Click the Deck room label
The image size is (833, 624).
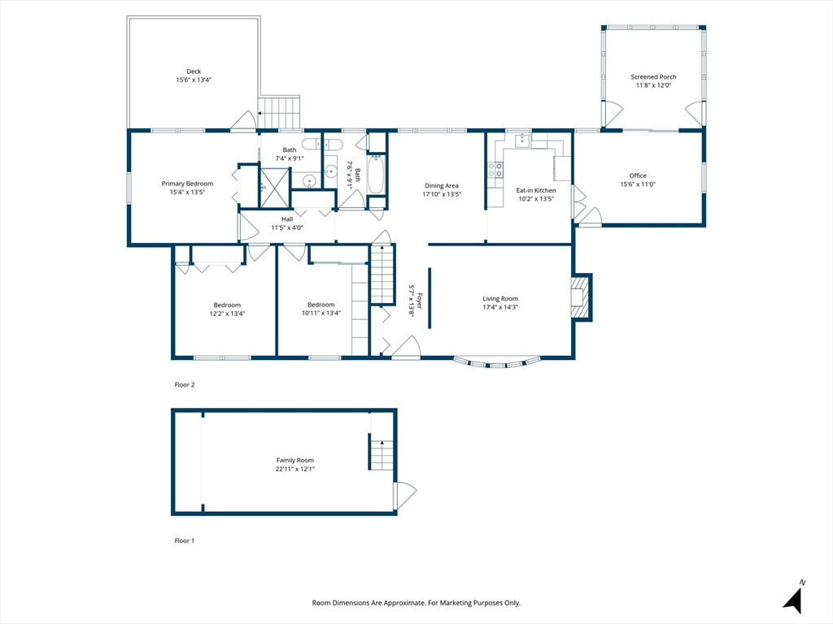pyautogui.click(x=194, y=71)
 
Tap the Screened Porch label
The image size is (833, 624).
pyautogui.click(x=653, y=77)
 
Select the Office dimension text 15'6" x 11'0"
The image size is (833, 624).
pyautogui.click(x=638, y=184)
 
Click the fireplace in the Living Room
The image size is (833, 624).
pyautogui.click(x=581, y=297)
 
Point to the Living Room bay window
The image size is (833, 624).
pyautogui.click(x=497, y=363)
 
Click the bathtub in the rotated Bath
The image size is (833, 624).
pyautogui.click(x=376, y=174)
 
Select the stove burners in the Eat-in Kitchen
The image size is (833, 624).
pyautogui.click(x=495, y=170)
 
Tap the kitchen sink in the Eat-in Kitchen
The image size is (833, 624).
pyautogui.click(x=522, y=140)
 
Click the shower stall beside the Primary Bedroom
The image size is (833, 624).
pyautogui.click(x=274, y=188)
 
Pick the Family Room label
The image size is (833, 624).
pyautogui.click(x=294, y=461)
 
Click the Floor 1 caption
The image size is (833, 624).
pyautogui.click(x=185, y=540)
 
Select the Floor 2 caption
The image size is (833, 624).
pyautogui.click(x=185, y=384)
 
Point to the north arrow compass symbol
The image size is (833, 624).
pyautogui.click(x=794, y=599)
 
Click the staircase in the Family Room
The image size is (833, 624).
pyautogui.click(x=382, y=455)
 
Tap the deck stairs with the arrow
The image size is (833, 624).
pyautogui.click(x=280, y=112)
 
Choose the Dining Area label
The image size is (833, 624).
pyautogui.click(x=442, y=186)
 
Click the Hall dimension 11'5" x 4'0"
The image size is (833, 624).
pyautogui.click(x=287, y=227)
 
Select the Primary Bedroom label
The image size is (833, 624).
pyautogui.click(x=188, y=184)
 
